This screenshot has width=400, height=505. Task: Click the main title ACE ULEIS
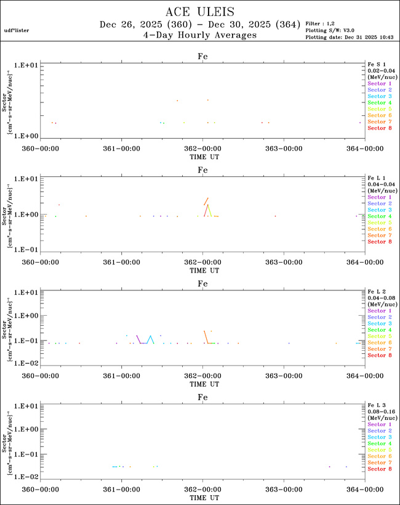click(200, 12)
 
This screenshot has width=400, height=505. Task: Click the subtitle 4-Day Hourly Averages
click(199, 35)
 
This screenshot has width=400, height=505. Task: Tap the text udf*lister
click(17, 30)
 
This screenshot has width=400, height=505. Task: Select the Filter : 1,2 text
click(322, 23)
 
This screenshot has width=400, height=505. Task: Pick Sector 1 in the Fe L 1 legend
click(380, 197)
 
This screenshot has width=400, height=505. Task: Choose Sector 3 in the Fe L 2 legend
click(380, 323)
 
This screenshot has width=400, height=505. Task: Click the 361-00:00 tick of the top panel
click(122, 149)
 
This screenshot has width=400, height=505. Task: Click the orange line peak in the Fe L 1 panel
click(208, 198)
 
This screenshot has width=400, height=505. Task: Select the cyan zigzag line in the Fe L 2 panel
click(150, 339)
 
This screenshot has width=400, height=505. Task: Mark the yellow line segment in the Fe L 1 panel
click(210, 211)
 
